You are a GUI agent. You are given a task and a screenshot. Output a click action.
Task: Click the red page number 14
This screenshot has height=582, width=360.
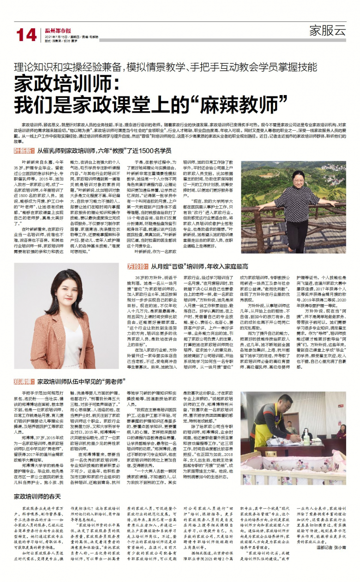26,35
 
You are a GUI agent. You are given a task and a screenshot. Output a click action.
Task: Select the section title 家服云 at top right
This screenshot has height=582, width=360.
327,31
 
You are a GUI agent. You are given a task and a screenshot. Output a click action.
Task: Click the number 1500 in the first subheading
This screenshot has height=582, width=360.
151,151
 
